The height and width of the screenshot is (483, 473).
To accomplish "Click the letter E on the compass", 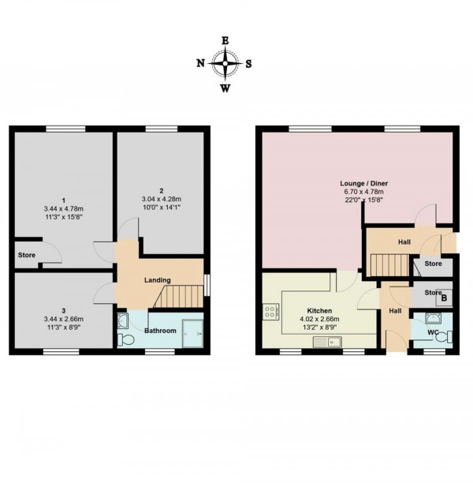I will [x=225, y=40].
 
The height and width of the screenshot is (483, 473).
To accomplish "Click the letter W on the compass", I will [x=225, y=88].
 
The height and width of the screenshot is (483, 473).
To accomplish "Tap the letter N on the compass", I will [x=201, y=64].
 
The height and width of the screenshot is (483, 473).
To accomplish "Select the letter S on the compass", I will [x=249, y=64].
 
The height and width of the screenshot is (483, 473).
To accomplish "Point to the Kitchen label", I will [x=320, y=311].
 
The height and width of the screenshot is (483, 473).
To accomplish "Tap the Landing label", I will [x=158, y=280].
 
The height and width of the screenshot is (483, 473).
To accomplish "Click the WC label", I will [x=432, y=332].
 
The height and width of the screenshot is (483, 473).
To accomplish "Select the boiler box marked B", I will [x=444, y=298].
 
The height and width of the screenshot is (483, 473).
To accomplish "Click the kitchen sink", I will [x=324, y=342].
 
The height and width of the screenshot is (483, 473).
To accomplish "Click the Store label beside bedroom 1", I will [x=27, y=255].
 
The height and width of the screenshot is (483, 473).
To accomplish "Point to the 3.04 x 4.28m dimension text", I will [x=160, y=199].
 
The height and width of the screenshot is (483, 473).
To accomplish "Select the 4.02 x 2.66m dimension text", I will [x=320, y=320].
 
